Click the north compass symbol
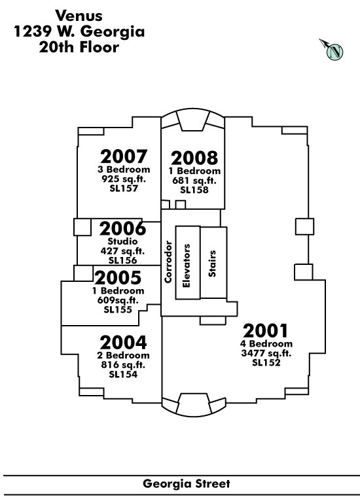333,50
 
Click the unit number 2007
124,156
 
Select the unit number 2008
194,158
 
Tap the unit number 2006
122,228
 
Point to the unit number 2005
118,277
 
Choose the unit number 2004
123,343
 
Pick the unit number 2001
265,331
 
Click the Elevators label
187,266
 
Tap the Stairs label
212,263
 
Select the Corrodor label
168,262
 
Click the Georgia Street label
187,484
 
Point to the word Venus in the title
79,15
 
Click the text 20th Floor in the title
79,47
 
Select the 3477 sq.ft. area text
266,353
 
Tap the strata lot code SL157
124,188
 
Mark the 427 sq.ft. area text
122,251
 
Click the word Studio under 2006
122,241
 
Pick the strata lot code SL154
123,374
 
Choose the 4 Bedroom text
266,343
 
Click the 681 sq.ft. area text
194,181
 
